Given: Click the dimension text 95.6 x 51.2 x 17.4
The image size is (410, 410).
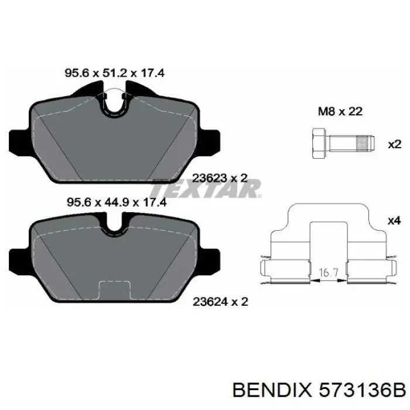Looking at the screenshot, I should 114,73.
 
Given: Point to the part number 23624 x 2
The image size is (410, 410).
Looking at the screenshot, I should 221,302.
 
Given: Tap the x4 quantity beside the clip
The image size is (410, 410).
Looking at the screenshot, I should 394,221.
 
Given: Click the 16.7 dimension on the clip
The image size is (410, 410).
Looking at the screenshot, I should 327,272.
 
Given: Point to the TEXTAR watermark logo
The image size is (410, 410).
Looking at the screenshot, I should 205,189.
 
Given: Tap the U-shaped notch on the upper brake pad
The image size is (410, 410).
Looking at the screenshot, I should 115,104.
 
